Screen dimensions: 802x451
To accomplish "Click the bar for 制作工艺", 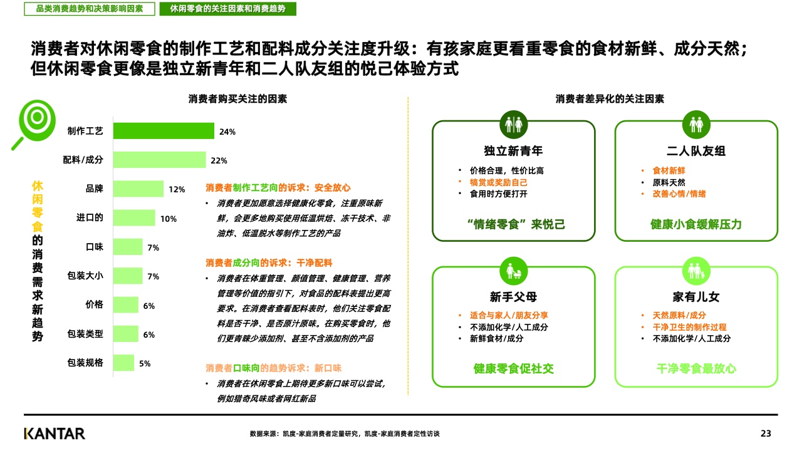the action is [x=164, y=131].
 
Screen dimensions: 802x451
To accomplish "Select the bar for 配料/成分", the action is [x=159, y=160].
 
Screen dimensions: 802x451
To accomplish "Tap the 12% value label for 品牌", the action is [x=177, y=189].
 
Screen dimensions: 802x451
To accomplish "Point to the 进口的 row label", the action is [x=90, y=218].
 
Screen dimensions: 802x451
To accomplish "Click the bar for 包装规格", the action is [x=123, y=363].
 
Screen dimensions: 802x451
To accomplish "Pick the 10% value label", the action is [x=169, y=219].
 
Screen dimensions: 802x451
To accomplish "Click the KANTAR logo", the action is [x=55, y=433].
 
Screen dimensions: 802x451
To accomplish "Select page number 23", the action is [x=766, y=433].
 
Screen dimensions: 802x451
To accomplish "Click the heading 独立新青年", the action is [x=513, y=151].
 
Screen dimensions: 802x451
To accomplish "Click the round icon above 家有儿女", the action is [x=696, y=271].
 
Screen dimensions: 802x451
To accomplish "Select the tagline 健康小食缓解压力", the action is [x=695, y=224].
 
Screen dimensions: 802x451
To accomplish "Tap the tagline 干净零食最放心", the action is [x=695, y=368].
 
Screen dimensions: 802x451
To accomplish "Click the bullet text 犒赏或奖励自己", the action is [x=498, y=182].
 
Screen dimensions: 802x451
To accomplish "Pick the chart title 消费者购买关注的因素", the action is [x=237, y=99].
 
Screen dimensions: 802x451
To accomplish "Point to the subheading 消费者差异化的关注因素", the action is [x=610, y=99].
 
